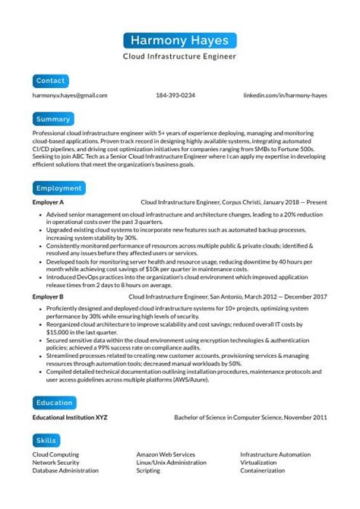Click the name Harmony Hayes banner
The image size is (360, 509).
[179, 40]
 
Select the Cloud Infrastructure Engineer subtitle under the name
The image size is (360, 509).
[179, 56]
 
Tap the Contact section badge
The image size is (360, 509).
[51, 80]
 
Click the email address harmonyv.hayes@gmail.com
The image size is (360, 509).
[70, 96]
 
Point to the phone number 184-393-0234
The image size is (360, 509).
[175, 96]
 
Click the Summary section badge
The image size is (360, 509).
[54, 119]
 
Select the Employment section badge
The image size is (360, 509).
[58, 188]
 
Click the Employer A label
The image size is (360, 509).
[48, 204]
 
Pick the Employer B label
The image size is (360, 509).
[48, 297]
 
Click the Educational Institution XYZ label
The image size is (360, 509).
[70, 417]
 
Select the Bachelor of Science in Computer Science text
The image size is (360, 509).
[227, 417]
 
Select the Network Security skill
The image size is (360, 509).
[55, 462]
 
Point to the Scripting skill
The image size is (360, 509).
[148, 470]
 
